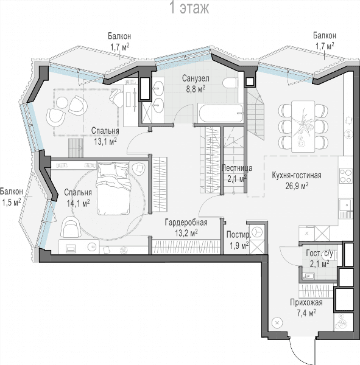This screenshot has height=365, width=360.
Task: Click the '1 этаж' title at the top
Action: click(x=189, y=8)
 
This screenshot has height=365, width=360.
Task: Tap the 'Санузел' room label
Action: click(x=196, y=78)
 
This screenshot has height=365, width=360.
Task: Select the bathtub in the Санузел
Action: click(x=221, y=113)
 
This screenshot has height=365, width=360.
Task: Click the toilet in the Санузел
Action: click(x=230, y=83)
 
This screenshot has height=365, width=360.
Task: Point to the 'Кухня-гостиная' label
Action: click(x=297, y=175)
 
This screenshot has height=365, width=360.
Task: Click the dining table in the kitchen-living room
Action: click(x=303, y=127)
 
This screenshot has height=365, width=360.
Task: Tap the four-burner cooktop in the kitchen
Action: click(x=346, y=176)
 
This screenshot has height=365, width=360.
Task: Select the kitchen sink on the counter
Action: click(x=346, y=206)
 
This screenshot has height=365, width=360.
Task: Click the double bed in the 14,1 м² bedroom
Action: click(x=113, y=189)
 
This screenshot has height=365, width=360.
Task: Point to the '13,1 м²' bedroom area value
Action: click(x=105, y=141)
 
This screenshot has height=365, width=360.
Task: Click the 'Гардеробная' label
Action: click(x=186, y=222)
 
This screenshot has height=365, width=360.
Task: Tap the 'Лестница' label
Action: click(x=237, y=168)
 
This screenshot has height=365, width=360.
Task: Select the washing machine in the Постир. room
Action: click(x=256, y=232)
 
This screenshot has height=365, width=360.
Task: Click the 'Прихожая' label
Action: click(x=306, y=302)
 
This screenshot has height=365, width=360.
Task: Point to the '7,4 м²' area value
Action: click(x=306, y=313)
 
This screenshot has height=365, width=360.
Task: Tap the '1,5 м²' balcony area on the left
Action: click(x=11, y=203)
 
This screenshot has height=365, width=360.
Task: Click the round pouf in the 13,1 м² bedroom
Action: click(x=62, y=102)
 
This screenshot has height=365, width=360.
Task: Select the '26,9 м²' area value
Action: click(x=297, y=186)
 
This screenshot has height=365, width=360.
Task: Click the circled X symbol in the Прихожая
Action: click(x=277, y=323)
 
